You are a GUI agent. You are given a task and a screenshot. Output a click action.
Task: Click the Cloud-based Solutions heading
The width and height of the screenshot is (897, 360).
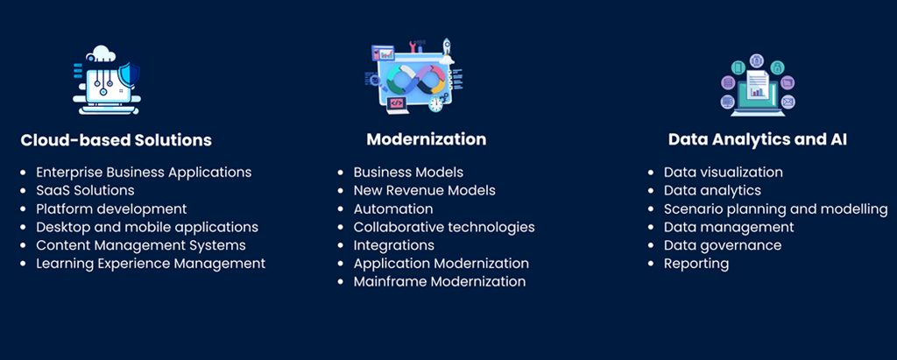(x=117, y=140)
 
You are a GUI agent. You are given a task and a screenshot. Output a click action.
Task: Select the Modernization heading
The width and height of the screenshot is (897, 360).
(x=427, y=139)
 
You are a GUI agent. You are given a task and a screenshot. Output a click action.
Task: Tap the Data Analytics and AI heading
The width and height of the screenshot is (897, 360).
(x=758, y=139)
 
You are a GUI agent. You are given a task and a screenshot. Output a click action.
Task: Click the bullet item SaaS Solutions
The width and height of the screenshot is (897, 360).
(x=85, y=190)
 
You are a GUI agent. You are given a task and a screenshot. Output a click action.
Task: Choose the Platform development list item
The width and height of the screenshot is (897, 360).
(x=111, y=208)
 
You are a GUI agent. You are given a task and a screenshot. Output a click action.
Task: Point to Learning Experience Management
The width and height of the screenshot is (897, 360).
(x=151, y=264)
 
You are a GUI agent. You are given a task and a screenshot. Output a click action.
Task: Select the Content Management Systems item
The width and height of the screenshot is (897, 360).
(x=141, y=245)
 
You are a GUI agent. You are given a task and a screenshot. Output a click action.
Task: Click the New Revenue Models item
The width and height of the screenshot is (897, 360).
(x=425, y=190)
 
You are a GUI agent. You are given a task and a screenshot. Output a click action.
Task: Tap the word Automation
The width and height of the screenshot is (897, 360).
(x=393, y=208)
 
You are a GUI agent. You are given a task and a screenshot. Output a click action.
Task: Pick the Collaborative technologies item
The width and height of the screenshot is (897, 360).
(x=444, y=227)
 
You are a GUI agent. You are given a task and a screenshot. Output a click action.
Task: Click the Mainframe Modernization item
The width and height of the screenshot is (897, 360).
(x=440, y=281)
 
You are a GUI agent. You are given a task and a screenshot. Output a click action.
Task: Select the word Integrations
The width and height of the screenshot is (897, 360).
(x=393, y=245)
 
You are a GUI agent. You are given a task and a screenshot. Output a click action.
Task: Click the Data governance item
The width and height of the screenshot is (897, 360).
(x=723, y=245)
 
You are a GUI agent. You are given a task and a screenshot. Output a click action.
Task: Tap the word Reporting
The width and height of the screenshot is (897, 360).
(x=696, y=264)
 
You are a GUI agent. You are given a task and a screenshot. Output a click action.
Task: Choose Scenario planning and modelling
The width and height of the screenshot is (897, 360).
(x=776, y=208)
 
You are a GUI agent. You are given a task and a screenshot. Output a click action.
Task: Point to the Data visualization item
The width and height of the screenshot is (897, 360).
(x=723, y=172)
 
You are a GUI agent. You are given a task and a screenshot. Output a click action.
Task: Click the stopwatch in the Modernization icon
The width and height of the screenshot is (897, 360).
(x=436, y=103)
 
